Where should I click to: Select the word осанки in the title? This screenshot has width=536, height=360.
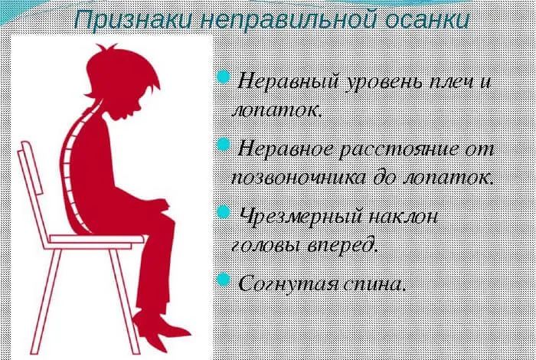click(410, 20)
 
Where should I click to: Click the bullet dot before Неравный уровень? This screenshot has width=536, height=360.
click(224, 77)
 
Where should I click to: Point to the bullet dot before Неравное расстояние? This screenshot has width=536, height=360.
click(224, 145)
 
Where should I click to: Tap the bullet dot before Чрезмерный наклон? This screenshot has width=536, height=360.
click(224, 211)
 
